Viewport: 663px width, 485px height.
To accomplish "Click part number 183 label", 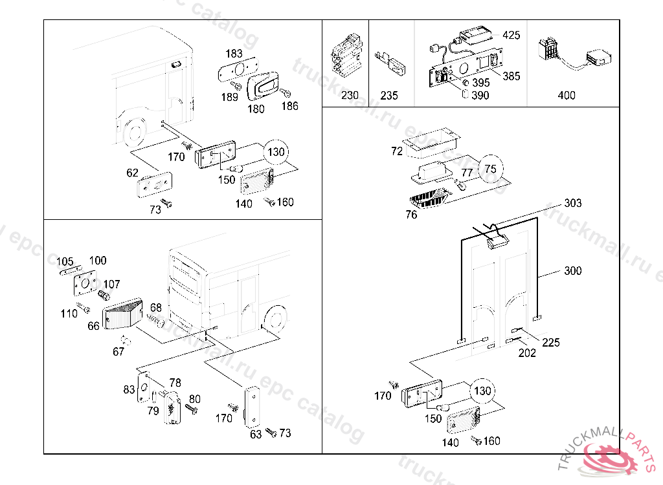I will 234,53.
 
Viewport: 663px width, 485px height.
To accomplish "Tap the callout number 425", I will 511,35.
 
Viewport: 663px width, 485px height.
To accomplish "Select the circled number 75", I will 490,169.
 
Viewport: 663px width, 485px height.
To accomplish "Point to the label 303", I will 572,203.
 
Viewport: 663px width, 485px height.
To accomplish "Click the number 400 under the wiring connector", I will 566,96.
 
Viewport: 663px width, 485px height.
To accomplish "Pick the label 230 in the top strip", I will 350,96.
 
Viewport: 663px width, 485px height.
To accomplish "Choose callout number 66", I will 93,326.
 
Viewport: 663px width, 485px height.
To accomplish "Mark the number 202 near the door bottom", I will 527,353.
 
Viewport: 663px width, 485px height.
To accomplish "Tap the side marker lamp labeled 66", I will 123,314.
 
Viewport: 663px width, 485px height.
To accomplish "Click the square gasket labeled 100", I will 84,284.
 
